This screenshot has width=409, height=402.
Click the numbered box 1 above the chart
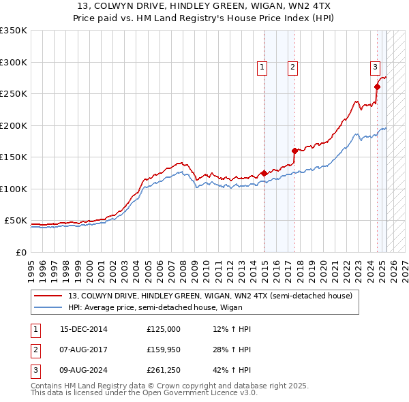tap(262, 67)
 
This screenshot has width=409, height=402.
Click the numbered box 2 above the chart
tap(292, 67)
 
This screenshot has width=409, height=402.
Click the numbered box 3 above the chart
tap(375, 67)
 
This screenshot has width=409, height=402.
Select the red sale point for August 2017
tap(294, 151)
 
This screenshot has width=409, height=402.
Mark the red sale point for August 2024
tap(377, 87)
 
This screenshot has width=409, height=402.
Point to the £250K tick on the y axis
tap(14, 94)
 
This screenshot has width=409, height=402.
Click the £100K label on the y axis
tap(14, 189)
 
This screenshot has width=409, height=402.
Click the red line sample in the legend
tap(48, 296)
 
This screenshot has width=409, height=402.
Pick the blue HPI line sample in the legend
tap(48, 307)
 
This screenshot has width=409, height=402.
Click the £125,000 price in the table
tap(164, 329)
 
